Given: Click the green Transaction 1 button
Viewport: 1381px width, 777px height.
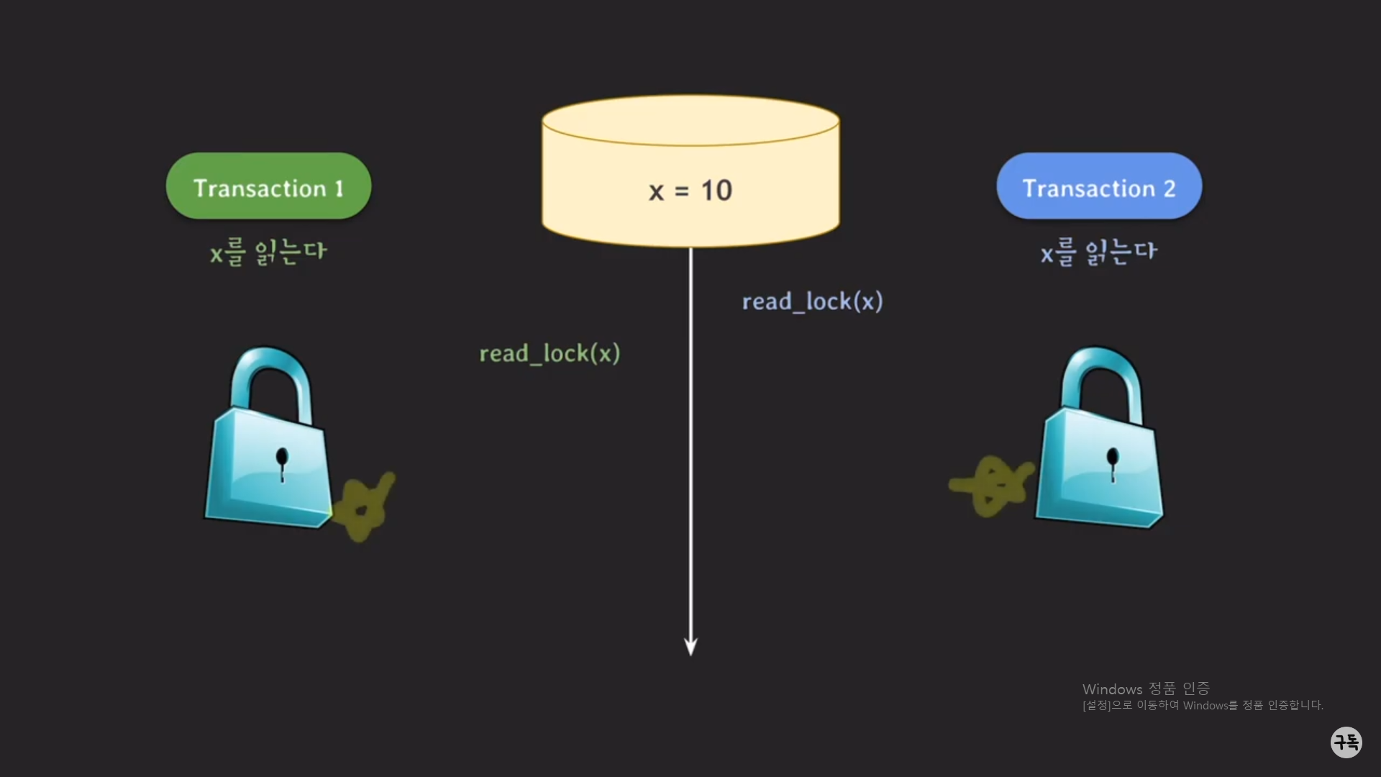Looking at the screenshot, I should [x=268, y=186].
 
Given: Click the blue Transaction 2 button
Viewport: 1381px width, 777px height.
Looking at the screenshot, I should [x=1098, y=186].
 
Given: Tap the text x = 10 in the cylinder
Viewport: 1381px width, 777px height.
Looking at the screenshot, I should [x=690, y=191].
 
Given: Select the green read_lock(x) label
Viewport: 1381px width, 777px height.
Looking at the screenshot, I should [x=550, y=354].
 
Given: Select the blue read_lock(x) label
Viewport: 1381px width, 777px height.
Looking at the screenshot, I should [x=812, y=301].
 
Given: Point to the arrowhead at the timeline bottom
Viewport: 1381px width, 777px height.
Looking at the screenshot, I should [x=690, y=647].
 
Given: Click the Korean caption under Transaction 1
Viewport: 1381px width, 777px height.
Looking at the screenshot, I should [x=268, y=252].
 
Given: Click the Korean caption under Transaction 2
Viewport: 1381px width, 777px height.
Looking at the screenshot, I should [x=1098, y=252].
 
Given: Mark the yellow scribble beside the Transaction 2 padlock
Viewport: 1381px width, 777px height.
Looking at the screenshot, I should [x=993, y=486].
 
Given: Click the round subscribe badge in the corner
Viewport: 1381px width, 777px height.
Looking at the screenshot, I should [x=1346, y=742].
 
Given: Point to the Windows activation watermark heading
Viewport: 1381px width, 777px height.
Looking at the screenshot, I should [x=1146, y=689].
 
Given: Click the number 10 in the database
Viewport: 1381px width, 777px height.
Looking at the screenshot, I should [x=716, y=191].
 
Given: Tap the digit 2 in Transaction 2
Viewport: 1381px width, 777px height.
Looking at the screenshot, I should [x=1169, y=188].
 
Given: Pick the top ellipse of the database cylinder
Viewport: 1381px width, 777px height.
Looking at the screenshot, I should [x=690, y=121].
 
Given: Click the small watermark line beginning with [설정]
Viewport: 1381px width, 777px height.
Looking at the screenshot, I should [x=1203, y=706].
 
